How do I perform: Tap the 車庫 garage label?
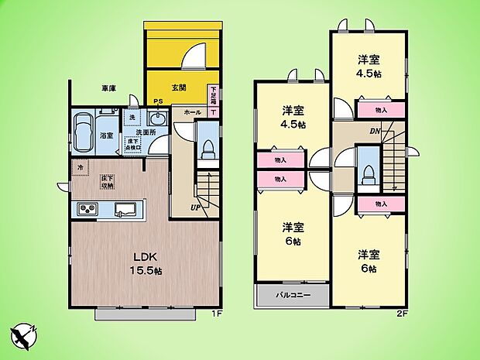point(108,89)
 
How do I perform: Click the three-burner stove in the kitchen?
point(87,210)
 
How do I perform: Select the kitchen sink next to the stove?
point(125,210)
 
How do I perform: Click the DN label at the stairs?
point(375,131)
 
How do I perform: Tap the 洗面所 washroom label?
point(147,132)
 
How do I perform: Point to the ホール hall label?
point(193,112)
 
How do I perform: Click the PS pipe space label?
point(157,101)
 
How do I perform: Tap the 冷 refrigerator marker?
point(80,166)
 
